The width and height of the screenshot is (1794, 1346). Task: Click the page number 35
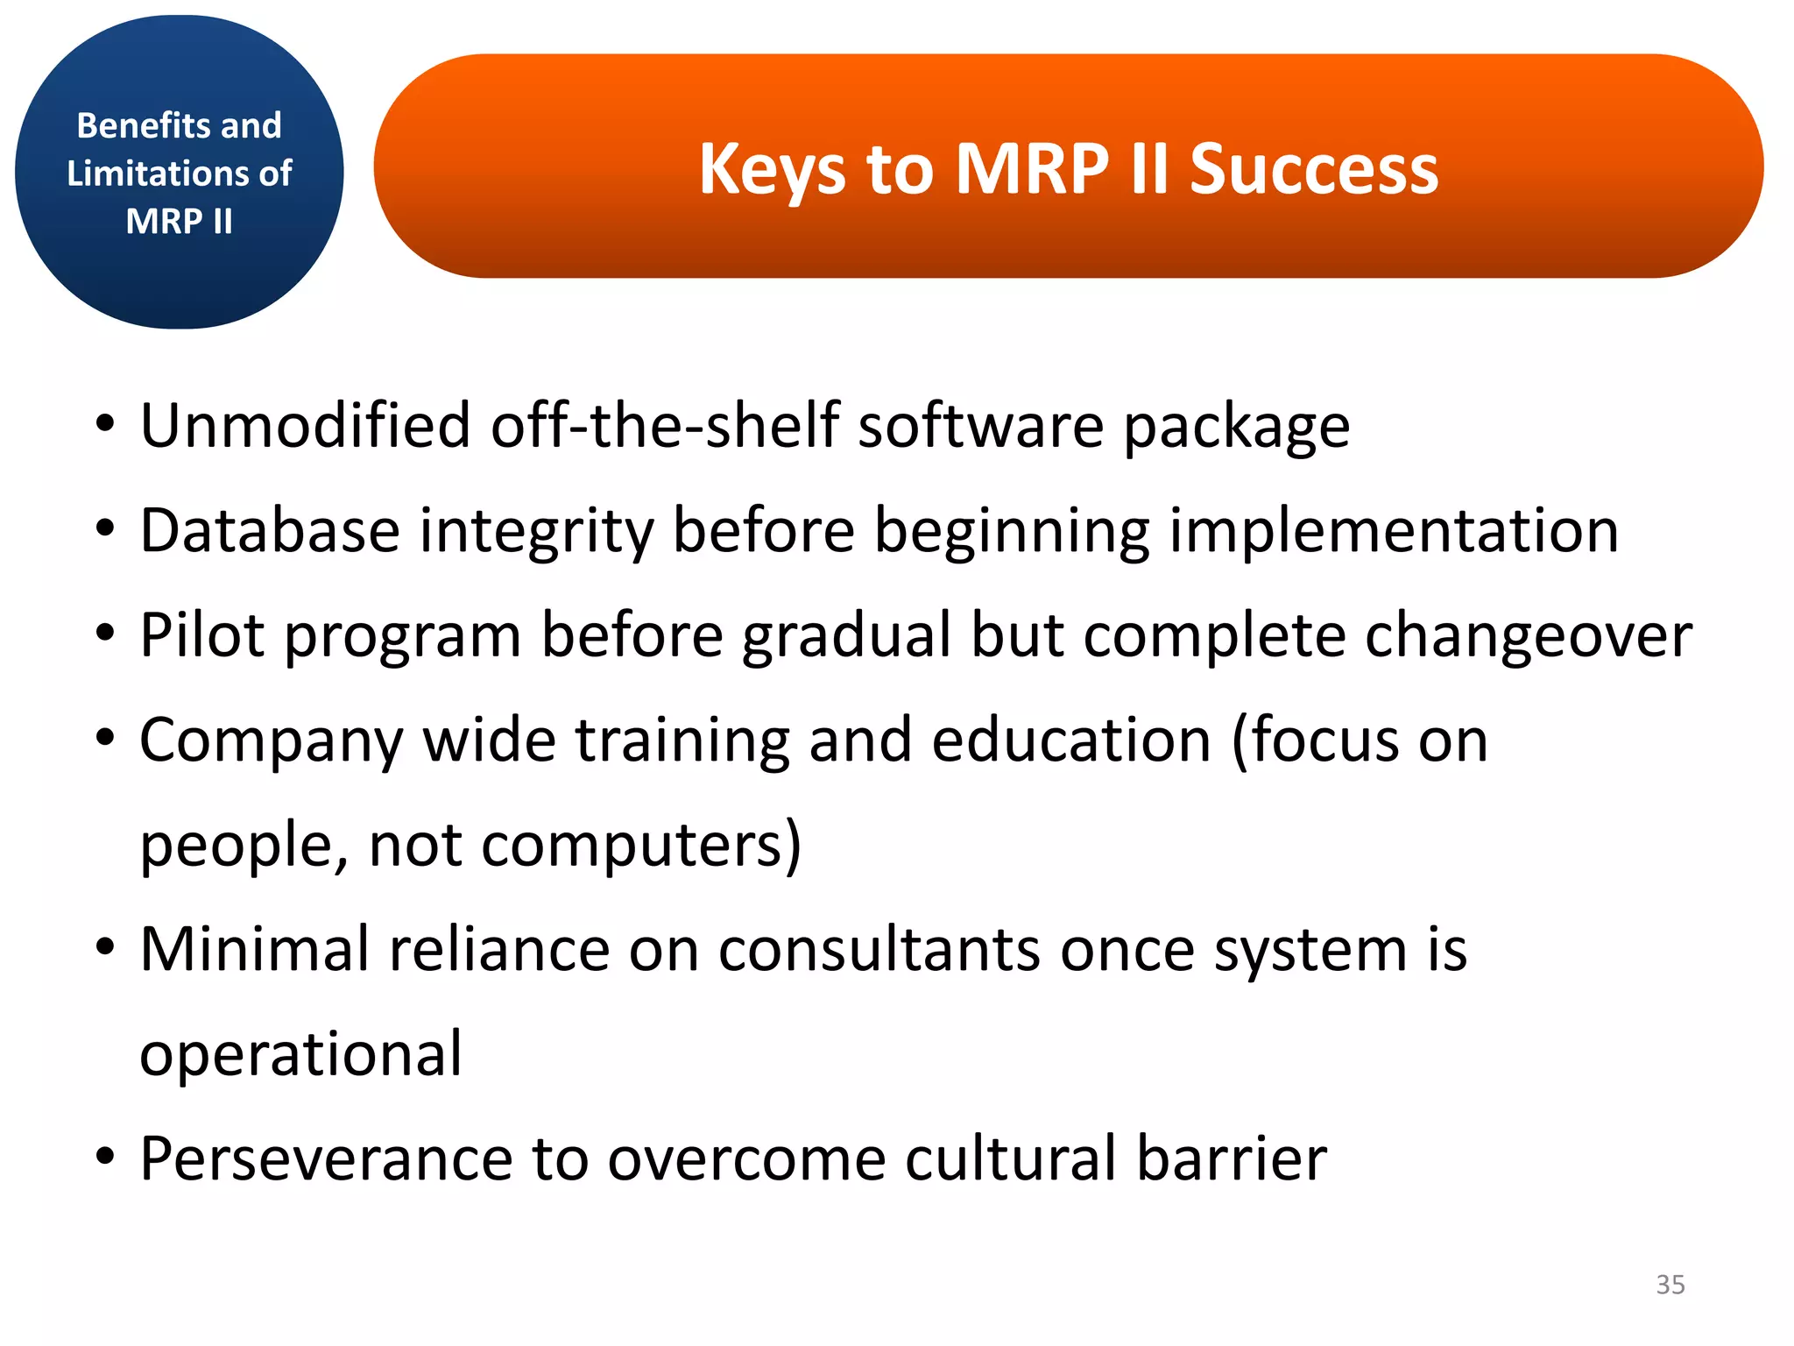(1670, 1285)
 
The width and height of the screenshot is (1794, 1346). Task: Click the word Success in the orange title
(1313, 168)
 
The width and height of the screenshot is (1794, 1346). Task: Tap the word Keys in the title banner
(772, 168)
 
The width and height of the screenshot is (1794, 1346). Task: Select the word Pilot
(201, 635)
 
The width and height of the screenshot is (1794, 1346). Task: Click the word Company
(271, 741)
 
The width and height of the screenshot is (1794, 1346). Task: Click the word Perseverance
(325, 1159)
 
